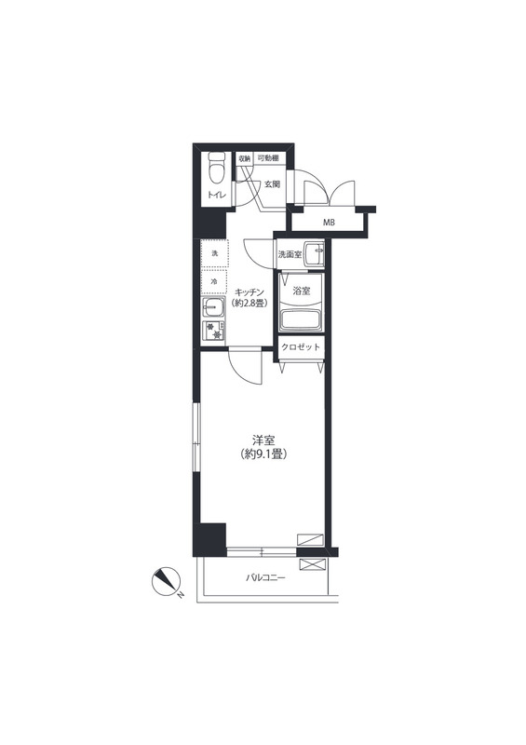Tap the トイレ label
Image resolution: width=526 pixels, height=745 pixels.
216,195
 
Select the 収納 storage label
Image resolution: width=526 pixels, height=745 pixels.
244,158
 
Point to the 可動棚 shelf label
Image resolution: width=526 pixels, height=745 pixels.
268,157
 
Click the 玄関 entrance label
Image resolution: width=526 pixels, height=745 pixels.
272,183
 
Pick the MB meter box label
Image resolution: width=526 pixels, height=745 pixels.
329,222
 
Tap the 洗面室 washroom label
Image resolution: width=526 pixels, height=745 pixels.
290,254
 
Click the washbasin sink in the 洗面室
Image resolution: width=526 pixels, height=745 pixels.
314,254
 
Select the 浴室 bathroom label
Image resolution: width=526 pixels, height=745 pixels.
302,291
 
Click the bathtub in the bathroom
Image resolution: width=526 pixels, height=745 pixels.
301,319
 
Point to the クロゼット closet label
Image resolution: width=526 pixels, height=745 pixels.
301,347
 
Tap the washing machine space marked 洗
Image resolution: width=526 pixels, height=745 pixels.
214,254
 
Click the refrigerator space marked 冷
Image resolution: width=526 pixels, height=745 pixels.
214,282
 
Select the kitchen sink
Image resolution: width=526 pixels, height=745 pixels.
214,309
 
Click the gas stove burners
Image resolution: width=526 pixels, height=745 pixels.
213,331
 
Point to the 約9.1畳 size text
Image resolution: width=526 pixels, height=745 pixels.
263,454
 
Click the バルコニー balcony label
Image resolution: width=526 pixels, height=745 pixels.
265,578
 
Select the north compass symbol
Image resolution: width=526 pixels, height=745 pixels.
167,581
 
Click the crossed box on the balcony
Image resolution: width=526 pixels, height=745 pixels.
313,564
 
